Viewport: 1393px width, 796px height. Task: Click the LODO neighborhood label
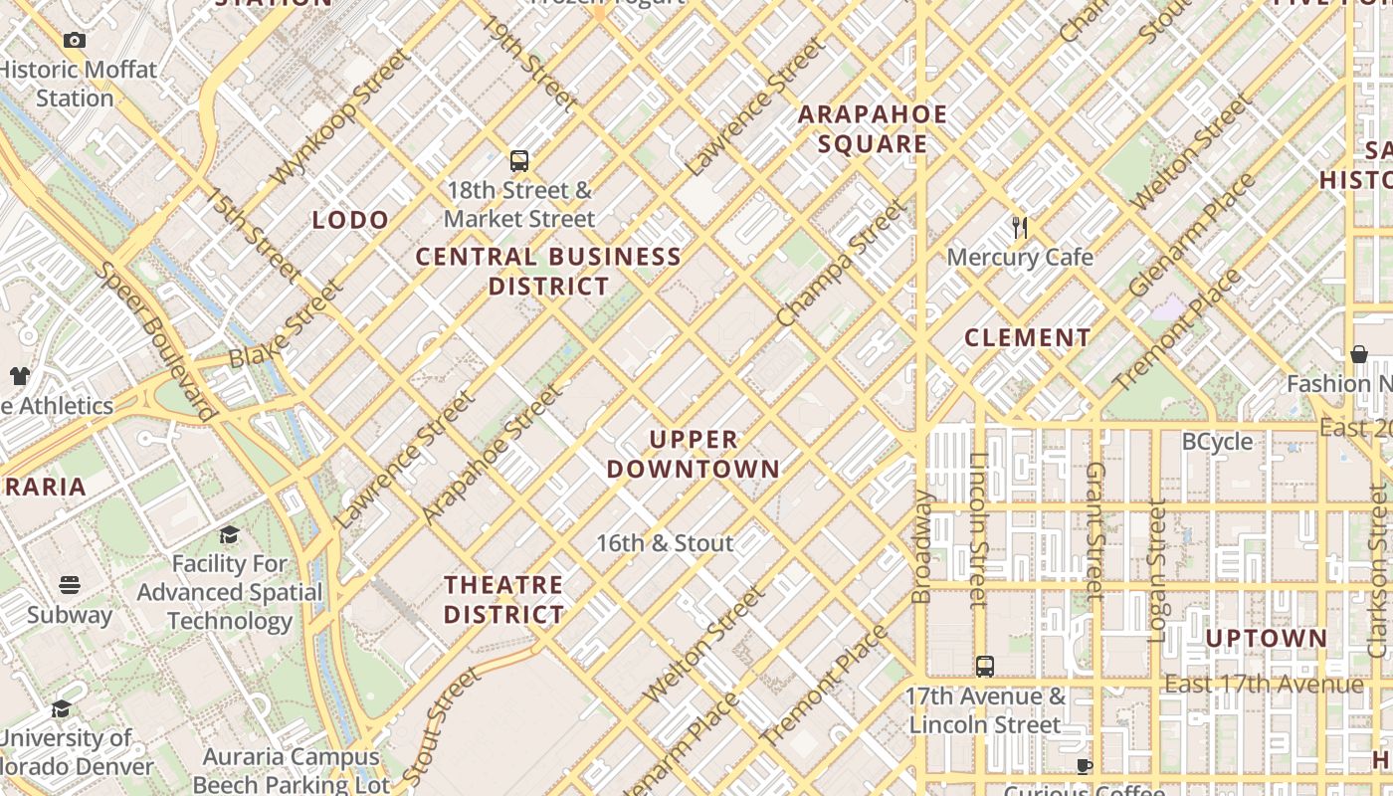point(350,220)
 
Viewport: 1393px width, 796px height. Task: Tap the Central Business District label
point(548,272)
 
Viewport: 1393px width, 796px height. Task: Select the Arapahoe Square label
point(873,129)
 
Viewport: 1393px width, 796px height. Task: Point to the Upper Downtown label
point(694,454)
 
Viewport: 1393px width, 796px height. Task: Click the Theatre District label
point(504,599)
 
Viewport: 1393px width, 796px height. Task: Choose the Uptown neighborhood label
point(1267,638)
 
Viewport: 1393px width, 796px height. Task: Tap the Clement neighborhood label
point(1028,337)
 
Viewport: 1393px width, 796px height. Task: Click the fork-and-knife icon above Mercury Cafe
point(1019,228)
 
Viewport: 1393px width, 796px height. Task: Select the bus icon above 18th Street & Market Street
point(518,160)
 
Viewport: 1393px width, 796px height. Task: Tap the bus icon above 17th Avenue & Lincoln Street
point(985,667)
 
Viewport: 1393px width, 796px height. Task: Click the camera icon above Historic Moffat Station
point(74,41)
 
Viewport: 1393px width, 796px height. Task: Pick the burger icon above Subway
point(69,584)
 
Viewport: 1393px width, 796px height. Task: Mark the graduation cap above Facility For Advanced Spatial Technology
point(230,534)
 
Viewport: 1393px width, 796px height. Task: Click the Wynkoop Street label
point(338,117)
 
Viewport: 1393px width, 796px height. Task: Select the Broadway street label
point(921,546)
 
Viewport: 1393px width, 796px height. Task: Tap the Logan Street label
point(1157,570)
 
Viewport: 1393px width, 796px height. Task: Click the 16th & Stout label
point(665,543)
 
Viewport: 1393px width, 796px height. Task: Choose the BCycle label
point(1217,442)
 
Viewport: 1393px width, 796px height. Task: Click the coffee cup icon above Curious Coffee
point(1084,766)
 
